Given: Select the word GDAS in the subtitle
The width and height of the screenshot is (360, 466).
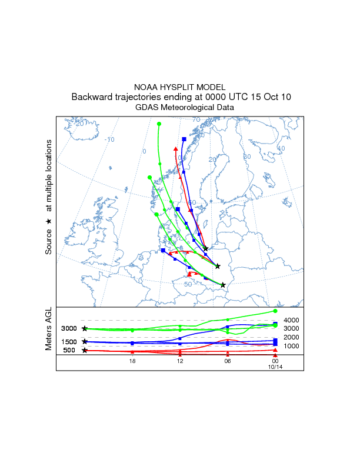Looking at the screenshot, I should (x=148, y=108).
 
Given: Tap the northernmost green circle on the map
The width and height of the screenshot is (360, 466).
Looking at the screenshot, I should (x=159, y=124).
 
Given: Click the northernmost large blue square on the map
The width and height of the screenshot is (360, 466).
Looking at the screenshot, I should (x=184, y=139).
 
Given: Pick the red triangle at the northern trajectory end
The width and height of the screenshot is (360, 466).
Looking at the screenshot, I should (x=176, y=148).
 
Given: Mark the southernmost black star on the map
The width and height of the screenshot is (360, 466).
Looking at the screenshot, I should (x=223, y=285).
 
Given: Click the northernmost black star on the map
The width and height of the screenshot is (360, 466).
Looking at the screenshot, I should (x=205, y=249).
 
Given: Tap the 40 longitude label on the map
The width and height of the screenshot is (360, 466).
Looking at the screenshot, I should (x=281, y=148).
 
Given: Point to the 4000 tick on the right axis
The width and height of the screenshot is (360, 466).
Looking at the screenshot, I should (x=292, y=320).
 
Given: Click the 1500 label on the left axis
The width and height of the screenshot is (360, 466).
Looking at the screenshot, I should (x=69, y=342).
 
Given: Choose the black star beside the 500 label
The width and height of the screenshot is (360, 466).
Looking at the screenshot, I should (x=85, y=351).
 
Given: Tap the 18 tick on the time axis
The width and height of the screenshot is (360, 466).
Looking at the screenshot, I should (x=132, y=361).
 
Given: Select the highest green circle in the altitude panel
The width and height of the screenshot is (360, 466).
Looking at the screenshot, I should (x=275, y=311).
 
